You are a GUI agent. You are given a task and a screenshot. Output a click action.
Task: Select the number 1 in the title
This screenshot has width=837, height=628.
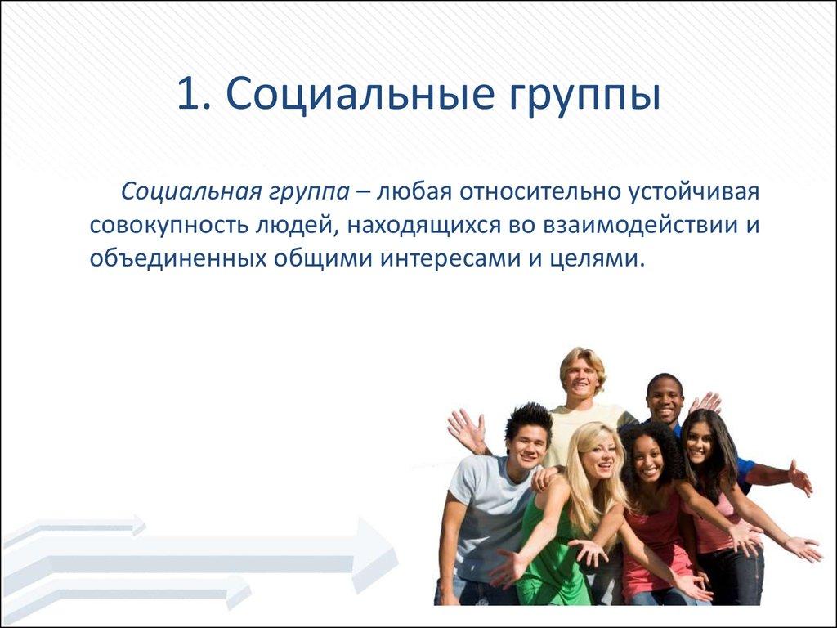tap(190, 96)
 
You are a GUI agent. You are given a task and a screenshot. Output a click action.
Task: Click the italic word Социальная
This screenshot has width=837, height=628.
tap(190, 192)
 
